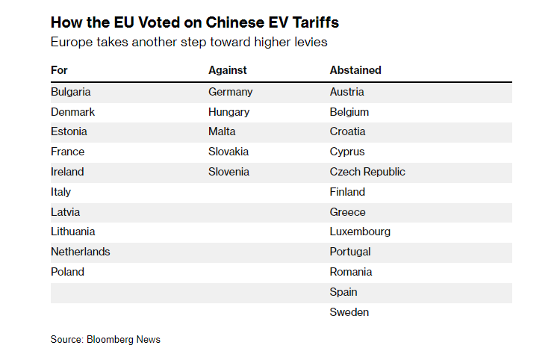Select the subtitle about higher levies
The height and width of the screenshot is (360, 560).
(x=189, y=42)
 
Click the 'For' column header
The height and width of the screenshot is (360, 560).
(x=59, y=70)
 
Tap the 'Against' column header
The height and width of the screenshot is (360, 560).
(x=228, y=70)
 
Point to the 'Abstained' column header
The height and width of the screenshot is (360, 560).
(x=355, y=70)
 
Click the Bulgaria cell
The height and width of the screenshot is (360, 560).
(x=71, y=92)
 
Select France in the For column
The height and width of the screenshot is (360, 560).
(x=67, y=152)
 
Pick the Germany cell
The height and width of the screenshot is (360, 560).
(x=231, y=92)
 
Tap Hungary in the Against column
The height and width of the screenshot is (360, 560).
(x=229, y=112)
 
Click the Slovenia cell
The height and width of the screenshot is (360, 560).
(x=228, y=172)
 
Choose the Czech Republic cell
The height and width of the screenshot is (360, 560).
(x=367, y=172)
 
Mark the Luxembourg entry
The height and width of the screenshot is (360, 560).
(x=360, y=232)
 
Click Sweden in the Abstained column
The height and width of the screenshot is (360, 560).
(x=349, y=312)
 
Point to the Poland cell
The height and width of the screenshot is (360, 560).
(x=67, y=272)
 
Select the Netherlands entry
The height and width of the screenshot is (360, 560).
(x=80, y=252)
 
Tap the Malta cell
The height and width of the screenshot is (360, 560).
(x=222, y=131)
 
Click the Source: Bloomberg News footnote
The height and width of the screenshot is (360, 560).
(x=105, y=340)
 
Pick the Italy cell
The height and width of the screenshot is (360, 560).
(x=61, y=192)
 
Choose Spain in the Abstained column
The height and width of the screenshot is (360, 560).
(x=343, y=292)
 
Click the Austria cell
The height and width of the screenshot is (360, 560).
(x=347, y=92)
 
